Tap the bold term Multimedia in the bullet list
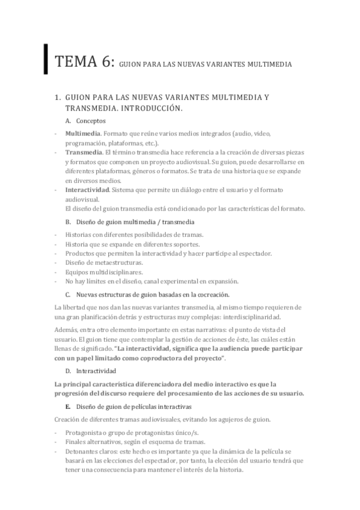click(81, 133)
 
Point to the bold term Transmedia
click(82, 153)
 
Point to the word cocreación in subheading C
click(212, 295)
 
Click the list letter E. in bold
click(68, 407)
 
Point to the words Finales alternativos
click(92, 441)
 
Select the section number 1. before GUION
click(57, 97)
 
